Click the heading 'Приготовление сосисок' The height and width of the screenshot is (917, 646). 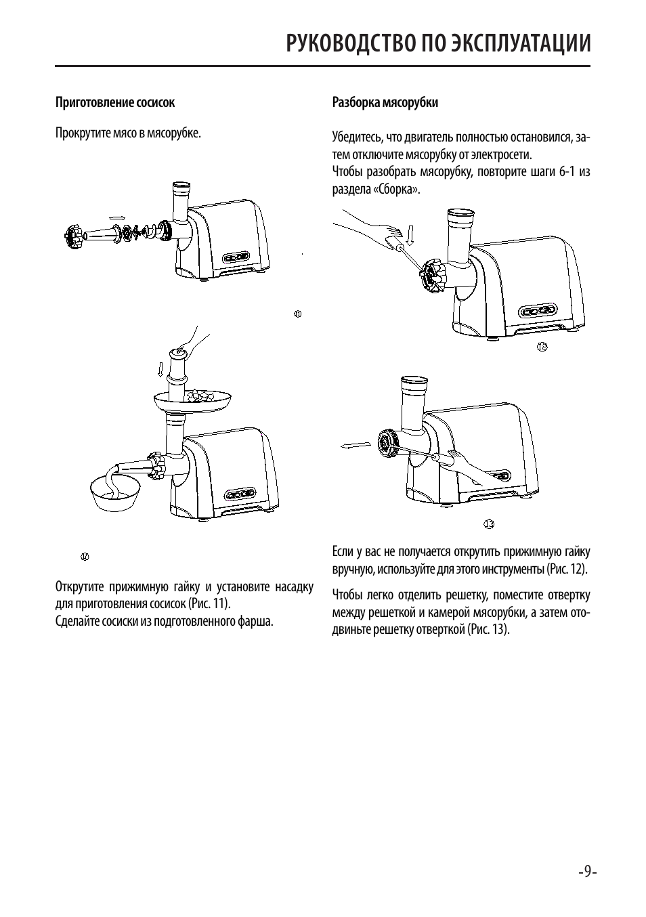tap(114, 103)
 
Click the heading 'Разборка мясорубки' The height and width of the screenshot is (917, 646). tap(385, 103)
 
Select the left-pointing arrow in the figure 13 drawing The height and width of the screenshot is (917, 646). tap(355, 444)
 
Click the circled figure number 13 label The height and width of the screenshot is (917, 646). tap(489, 524)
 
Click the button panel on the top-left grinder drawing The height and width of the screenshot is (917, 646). tap(237, 257)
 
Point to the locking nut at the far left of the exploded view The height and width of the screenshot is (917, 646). tap(72, 237)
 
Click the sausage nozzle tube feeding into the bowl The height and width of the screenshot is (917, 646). tap(135, 468)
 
